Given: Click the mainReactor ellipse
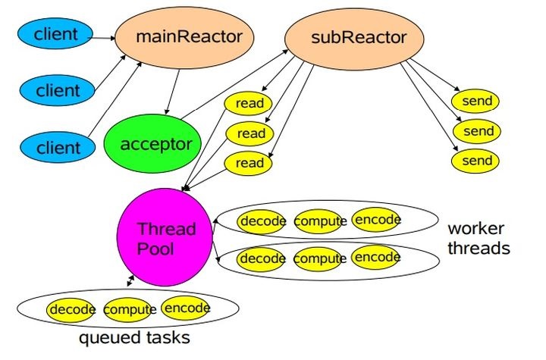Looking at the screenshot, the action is click(184, 37).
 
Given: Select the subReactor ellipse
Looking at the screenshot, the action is click(354, 39).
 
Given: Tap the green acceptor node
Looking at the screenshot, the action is click(153, 143).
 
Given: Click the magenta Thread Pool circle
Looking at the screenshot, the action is click(165, 237).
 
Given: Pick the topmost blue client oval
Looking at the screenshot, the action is click(55, 33).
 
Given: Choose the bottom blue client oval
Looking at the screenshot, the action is click(58, 147).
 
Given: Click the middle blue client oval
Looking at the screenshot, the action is click(57, 90).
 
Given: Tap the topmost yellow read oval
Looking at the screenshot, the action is click(248, 103).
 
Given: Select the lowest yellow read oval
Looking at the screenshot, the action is click(248, 163).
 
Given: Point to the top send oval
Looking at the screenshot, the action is click(475, 101).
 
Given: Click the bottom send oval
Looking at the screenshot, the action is click(475, 161).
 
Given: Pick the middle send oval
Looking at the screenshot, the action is click(477, 131).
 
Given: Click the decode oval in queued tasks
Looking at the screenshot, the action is click(71, 309).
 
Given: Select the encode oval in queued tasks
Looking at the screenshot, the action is click(186, 308).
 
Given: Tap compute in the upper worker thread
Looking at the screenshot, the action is click(318, 221).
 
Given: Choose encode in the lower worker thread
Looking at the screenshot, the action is click(375, 257).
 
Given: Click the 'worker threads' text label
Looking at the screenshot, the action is click(479, 239).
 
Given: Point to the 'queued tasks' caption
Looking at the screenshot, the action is click(134, 337).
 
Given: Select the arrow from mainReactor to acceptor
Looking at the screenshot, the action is click(173, 92).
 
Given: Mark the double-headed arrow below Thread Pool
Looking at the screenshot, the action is click(130, 281).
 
